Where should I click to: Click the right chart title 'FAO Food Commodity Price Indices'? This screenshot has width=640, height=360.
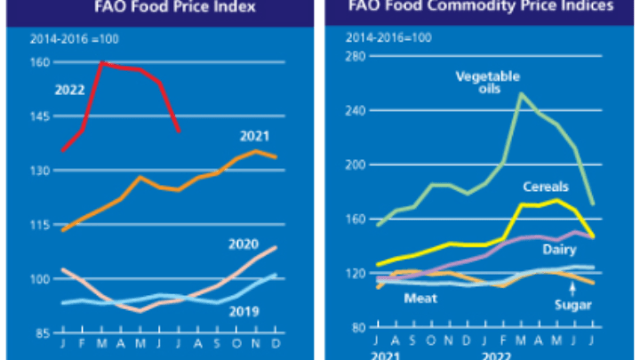coord(480,7)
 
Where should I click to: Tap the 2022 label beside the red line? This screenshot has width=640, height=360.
coord(69,90)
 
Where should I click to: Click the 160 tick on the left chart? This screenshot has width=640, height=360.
coord(41,62)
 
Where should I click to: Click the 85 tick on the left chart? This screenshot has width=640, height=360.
coord(43,333)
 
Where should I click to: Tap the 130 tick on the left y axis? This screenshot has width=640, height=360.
coord(41,171)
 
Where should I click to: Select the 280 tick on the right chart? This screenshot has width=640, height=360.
coord(357,56)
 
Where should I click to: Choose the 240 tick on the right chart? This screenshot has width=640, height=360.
coord(357,110)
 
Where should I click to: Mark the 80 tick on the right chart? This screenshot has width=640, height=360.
coord(360,327)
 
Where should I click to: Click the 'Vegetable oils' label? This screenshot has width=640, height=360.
coord(488,83)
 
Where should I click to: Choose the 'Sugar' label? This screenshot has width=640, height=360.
coord(573,307)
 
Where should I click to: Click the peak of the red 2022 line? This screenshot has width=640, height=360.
coord(102,62)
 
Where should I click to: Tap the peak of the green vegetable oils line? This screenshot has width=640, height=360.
coord(521,93)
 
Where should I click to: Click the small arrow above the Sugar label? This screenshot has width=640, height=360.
coord(572,290)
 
